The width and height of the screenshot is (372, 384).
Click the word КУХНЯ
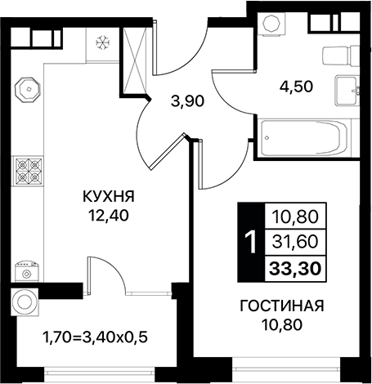tap(108, 197)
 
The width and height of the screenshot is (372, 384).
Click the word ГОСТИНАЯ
tap(282, 306)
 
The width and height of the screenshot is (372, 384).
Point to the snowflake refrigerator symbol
tap(104, 41)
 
